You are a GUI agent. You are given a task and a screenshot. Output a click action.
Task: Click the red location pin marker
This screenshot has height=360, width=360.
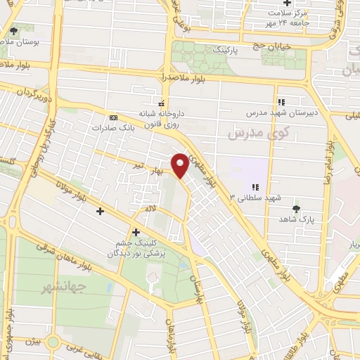[181, 164]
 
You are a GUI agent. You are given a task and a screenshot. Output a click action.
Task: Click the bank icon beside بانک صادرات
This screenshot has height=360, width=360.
[113, 117]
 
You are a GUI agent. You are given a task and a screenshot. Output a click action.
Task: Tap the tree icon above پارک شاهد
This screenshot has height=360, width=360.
[295, 208]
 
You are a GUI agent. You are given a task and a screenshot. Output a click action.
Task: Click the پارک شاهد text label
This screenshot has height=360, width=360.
[295, 219]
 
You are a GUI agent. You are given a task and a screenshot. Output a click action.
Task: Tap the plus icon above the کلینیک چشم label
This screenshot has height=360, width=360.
[136, 232]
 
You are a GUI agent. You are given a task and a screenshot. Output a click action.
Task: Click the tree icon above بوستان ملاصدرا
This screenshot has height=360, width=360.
[14, 31]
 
